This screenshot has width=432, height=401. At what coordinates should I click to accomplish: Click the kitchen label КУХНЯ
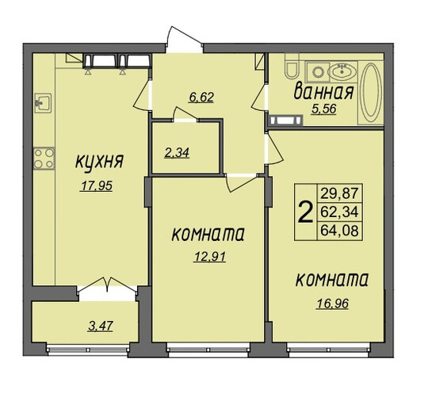[x=99, y=162]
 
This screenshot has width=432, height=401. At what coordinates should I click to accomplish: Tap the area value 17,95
[x=96, y=185]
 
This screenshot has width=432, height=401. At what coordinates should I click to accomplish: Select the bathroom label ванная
[x=323, y=92]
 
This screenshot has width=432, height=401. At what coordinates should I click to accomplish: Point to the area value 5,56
[x=323, y=109]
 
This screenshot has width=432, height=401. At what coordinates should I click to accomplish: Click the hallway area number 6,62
[x=201, y=97]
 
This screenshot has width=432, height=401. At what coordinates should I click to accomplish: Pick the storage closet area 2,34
[x=177, y=153]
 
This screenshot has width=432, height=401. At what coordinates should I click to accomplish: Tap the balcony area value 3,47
[x=101, y=327]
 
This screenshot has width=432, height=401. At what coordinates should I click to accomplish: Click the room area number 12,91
[x=210, y=257]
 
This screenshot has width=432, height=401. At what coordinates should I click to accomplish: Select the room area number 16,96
[x=333, y=304]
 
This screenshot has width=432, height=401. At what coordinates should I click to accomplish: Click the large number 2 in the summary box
[x=306, y=212]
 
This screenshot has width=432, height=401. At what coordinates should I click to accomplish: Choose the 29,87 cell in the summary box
[x=339, y=193]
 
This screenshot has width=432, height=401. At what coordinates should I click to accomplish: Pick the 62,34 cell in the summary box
[x=339, y=212]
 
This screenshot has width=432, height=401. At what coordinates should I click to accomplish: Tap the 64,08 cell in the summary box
[x=339, y=231]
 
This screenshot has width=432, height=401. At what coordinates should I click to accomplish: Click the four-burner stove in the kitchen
[x=44, y=158]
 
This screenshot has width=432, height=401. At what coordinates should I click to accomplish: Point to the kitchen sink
[x=43, y=103]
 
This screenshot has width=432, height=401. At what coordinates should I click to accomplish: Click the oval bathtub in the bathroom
[x=371, y=93]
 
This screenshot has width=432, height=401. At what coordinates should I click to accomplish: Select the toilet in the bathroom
[x=292, y=67]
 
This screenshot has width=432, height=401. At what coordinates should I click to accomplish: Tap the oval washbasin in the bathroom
[x=342, y=71]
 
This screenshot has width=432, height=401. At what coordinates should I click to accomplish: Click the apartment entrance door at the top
[x=185, y=40]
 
